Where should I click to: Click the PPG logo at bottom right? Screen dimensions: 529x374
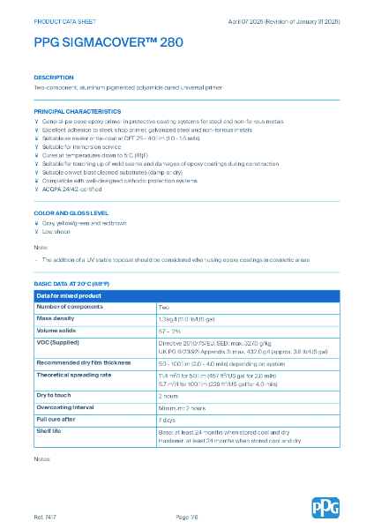pyautogui.click(x=325, y=508)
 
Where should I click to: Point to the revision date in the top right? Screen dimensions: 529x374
pyautogui.click(x=295, y=19)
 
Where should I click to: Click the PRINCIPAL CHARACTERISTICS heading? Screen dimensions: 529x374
pyautogui.click(x=78, y=112)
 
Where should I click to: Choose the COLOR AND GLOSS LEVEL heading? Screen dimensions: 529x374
pyautogui.click(x=71, y=213)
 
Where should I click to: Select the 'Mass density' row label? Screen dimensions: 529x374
pyautogui.click(x=56, y=317)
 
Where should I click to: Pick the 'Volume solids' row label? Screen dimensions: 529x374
pyautogui.click(x=57, y=329)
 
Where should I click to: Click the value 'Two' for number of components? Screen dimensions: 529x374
pyautogui.click(x=164, y=306)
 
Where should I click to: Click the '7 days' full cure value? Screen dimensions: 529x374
pyautogui.click(x=168, y=421)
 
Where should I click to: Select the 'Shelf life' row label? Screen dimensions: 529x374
pyautogui.click(x=50, y=432)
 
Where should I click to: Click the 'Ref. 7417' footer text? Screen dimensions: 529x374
pyautogui.click(x=46, y=515)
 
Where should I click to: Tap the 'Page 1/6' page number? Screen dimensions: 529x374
pyautogui.click(x=187, y=515)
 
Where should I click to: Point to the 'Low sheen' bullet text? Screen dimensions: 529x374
pyautogui.click(x=56, y=231)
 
